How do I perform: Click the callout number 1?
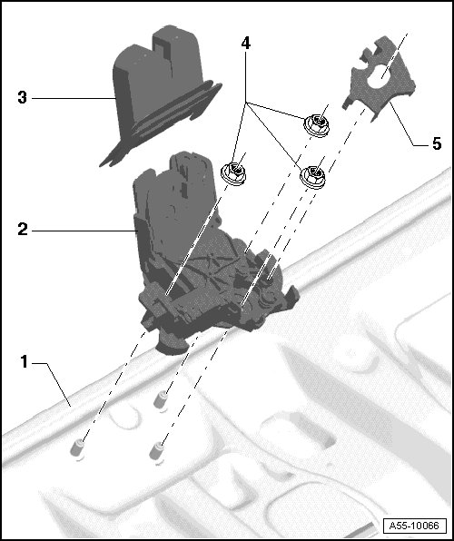(x=24, y=362)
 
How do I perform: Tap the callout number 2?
(x=23, y=230)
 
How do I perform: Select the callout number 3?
(x=23, y=98)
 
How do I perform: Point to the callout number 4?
(x=246, y=44)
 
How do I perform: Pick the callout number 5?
(x=437, y=143)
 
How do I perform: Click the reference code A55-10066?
(x=414, y=526)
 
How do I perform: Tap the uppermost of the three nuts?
(x=316, y=125)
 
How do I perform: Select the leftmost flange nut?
(x=233, y=173)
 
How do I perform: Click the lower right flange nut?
(x=312, y=177)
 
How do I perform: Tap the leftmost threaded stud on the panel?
(x=77, y=449)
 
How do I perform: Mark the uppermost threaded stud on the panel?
(x=161, y=399)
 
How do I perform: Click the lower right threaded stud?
(x=157, y=452)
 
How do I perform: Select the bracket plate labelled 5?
(x=379, y=79)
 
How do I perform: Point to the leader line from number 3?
(x=74, y=98)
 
